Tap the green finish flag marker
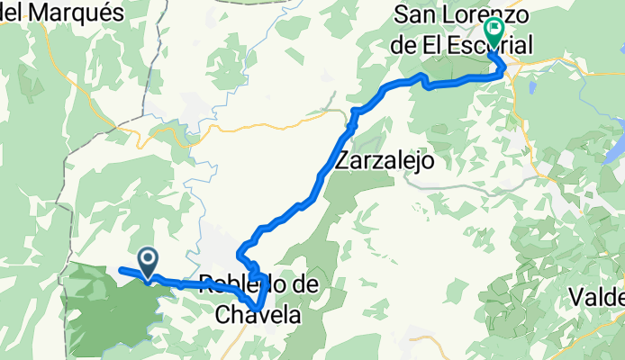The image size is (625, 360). point(494,31)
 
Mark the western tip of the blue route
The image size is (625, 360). point(120,269)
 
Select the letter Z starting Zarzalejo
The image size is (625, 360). point(341,161)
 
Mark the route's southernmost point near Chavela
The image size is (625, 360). point(258,309)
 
